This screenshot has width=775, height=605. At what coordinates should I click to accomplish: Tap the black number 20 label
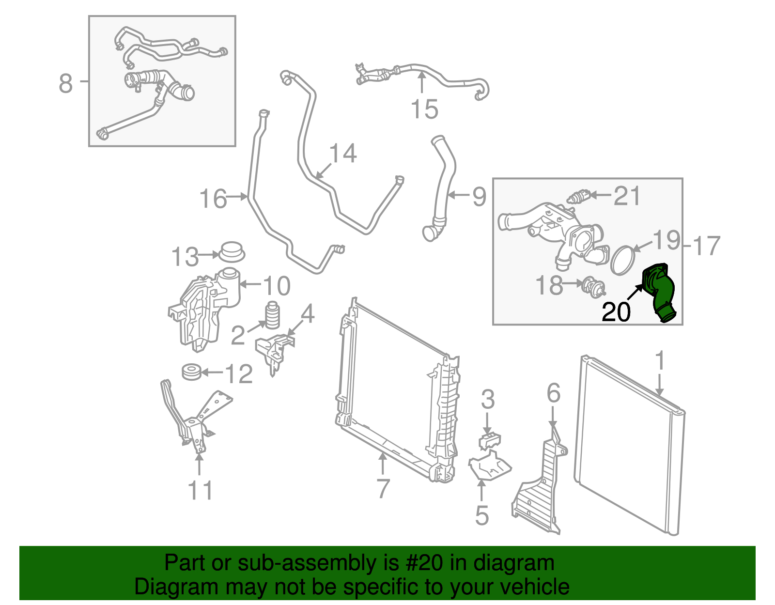click(616, 312)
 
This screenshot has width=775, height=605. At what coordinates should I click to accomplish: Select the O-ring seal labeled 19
click(623, 260)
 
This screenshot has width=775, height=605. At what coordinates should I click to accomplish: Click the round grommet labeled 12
click(191, 372)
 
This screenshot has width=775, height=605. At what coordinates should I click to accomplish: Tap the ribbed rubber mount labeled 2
click(273, 316)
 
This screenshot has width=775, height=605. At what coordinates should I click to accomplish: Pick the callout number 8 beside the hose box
click(66, 83)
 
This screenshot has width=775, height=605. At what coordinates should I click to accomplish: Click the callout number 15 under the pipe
click(424, 109)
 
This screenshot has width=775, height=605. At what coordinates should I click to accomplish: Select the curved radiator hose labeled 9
click(443, 189)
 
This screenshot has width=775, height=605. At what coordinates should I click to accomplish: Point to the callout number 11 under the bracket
click(200, 490)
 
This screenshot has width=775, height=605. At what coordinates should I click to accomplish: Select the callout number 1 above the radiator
click(659, 361)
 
